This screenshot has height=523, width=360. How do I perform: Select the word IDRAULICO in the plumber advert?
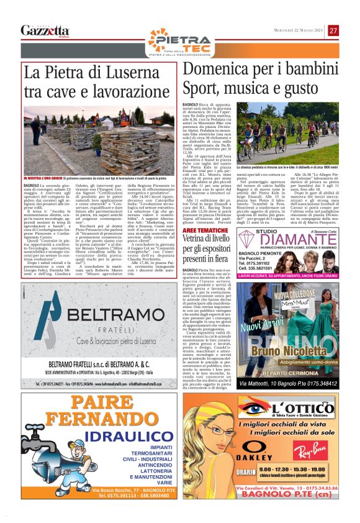(140, 446)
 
